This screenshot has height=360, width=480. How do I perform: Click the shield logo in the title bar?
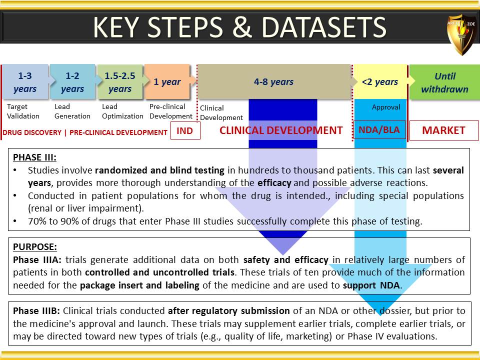tap(461, 33)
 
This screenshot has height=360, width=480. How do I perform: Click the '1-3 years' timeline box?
tap(25, 81)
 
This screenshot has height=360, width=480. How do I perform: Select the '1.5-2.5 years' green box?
tap(120, 81)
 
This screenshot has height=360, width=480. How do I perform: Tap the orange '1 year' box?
tap(167, 81)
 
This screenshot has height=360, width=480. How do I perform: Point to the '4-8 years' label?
tap(273, 81)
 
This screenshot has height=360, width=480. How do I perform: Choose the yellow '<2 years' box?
tap(380, 81)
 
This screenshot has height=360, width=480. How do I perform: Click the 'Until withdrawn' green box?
tap(445, 81)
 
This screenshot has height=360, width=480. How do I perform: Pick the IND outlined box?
tap(185, 130)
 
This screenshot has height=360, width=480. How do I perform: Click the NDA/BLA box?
tap(379, 130)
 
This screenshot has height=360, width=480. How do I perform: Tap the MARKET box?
tap(444, 130)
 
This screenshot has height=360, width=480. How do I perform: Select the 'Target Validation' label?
tap(23, 111)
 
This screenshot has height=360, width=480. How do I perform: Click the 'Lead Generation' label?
tap(72, 111)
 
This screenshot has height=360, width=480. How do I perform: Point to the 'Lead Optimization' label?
tap(122, 111)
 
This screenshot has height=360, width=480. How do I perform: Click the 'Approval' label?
tap(386, 107)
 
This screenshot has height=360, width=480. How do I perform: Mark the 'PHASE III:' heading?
tap(34, 157)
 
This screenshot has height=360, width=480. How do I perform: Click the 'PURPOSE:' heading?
tap(35, 247)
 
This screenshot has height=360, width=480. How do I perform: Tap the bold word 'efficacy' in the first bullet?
tap(274, 183)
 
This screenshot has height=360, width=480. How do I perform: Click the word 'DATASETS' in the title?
tap(324, 27)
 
